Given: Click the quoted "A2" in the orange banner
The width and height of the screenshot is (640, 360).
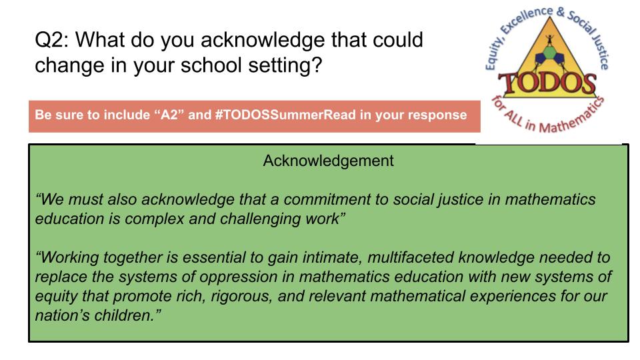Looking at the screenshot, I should (x=171, y=115).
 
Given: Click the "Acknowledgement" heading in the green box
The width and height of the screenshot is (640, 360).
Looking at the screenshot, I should (x=328, y=161).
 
